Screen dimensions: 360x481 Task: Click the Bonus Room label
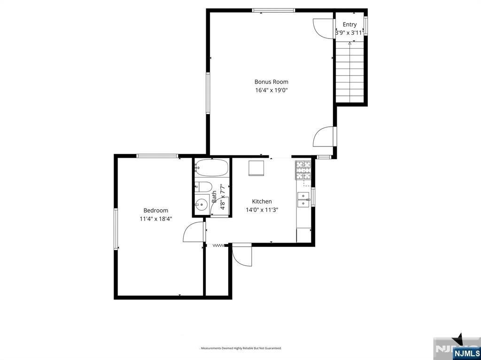click(x=271, y=82)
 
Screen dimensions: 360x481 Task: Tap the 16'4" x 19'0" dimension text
click(x=271, y=90)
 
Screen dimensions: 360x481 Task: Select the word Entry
click(x=349, y=24)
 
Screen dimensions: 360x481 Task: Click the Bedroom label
click(x=155, y=210)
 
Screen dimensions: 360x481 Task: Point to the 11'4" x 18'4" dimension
click(x=155, y=219)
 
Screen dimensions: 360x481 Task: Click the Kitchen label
click(x=262, y=201)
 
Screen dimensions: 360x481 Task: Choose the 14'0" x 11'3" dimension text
click(x=262, y=210)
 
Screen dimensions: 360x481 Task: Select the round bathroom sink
click(x=202, y=205)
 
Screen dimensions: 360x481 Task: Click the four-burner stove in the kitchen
click(x=303, y=170)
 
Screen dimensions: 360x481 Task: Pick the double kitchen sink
click(x=303, y=199)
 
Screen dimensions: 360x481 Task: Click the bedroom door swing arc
click(x=193, y=232)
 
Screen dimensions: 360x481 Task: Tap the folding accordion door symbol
click(x=218, y=245)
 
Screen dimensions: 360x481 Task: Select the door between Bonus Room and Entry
click(x=324, y=28)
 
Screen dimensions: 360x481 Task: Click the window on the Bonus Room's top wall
click(x=273, y=10)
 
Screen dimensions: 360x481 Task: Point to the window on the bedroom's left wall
click(x=116, y=229)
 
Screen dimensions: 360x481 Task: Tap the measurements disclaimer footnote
click(x=240, y=348)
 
